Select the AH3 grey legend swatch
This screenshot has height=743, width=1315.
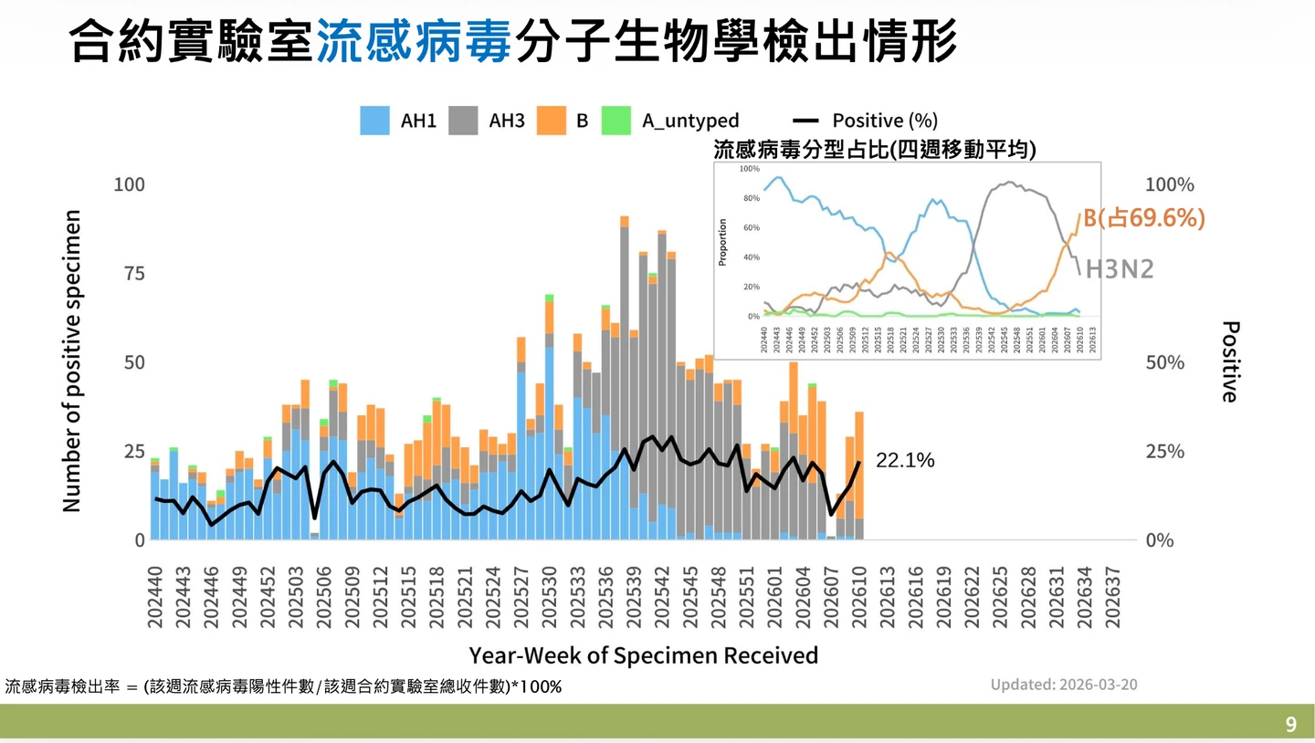pyautogui.click(x=464, y=120)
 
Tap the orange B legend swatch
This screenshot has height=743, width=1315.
pyautogui.click(x=552, y=120)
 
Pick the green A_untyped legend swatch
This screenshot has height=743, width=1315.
pyautogui.click(x=616, y=120)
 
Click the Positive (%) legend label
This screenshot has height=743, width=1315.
pyautogui.click(x=884, y=120)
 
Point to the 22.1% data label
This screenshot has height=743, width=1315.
pyautogui.click(x=905, y=461)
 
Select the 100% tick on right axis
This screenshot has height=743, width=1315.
pyautogui.click(x=1169, y=184)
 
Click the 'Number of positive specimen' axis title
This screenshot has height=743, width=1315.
pyautogui.click(x=72, y=361)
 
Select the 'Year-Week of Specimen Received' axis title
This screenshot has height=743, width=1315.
pyautogui.click(x=643, y=655)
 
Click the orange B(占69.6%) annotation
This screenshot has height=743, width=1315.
pyautogui.click(x=1144, y=218)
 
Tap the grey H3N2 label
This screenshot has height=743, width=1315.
pyautogui.click(x=1120, y=268)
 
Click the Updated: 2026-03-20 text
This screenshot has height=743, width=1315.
pyautogui.click(x=1064, y=685)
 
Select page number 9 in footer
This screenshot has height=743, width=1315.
pyautogui.click(x=1290, y=725)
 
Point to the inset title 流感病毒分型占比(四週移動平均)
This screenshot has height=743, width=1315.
pyautogui.click(x=874, y=150)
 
